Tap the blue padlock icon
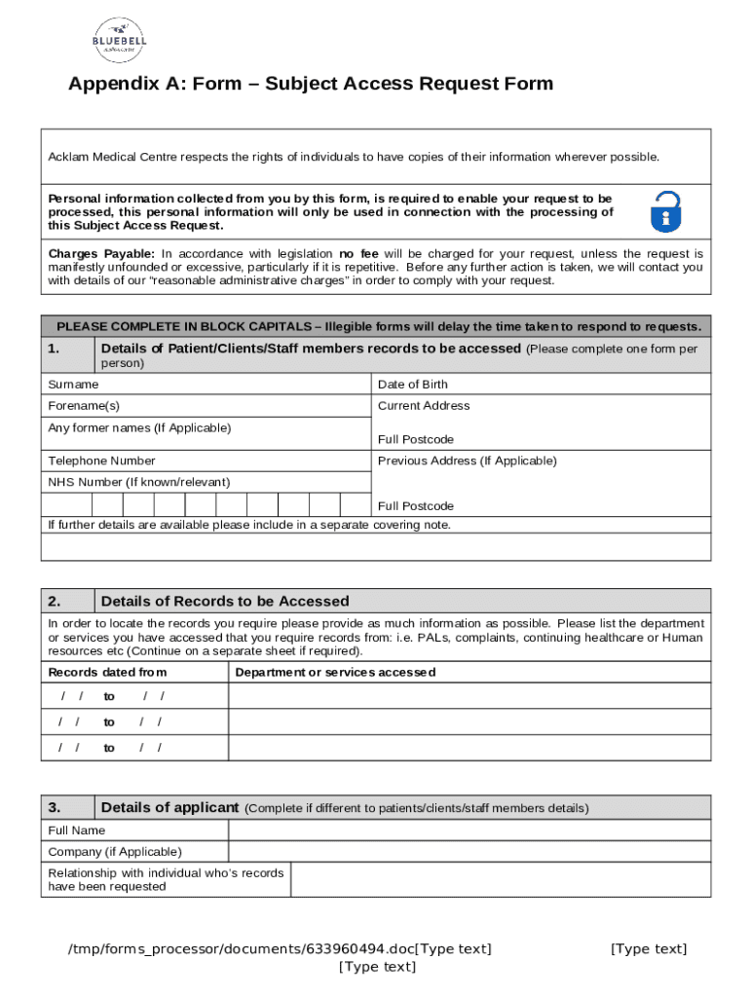(665, 211)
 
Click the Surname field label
(73, 385)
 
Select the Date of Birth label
(413, 385)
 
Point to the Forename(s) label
(84, 406)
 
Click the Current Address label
(424, 406)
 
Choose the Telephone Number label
(101, 461)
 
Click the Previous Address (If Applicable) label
(467, 461)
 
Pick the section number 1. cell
(67, 349)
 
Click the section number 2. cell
(67, 602)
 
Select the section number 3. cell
(67, 807)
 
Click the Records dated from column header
(107, 673)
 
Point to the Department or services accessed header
(335, 673)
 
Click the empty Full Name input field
(469, 831)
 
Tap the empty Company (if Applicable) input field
(469, 852)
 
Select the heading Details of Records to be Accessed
(225, 602)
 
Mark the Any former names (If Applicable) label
(139, 428)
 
